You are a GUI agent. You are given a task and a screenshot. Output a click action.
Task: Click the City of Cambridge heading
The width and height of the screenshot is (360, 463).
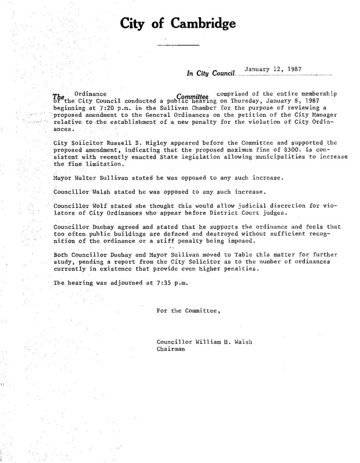point(178,24)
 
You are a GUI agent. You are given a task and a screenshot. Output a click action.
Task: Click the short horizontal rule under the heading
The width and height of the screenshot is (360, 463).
point(178,45)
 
